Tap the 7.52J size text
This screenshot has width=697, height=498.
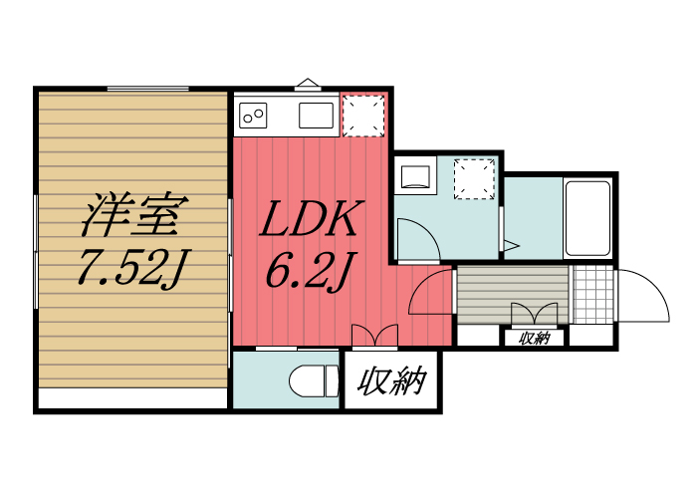point(133,267)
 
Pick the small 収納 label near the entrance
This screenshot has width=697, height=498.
point(534,338)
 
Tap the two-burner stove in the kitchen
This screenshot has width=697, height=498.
point(253,116)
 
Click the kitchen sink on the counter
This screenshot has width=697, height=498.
point(317,116)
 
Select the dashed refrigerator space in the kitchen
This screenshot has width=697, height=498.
point(363,115)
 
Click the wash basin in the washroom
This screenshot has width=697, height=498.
point(413,177)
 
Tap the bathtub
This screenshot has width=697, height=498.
point(587,219)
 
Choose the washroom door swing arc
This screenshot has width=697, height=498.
point(416,239)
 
